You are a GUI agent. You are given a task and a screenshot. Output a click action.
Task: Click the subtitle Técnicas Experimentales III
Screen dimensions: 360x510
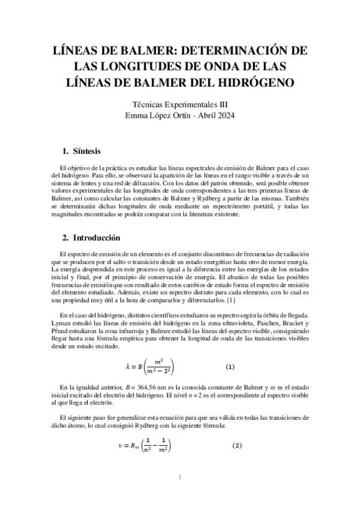click(x=180, y=104)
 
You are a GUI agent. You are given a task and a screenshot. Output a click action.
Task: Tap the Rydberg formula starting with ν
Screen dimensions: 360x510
click(x=144, y=446)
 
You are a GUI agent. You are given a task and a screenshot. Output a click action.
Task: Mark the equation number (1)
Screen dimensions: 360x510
click(x=229, y=366)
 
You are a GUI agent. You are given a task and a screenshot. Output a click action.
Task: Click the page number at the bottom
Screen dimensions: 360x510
click(x=180, y=478)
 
